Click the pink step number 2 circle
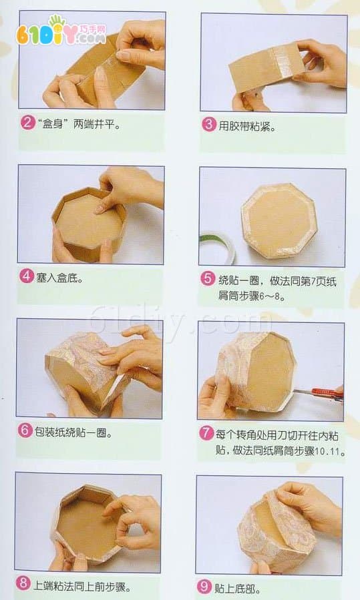click(27, 123)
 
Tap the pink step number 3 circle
click(209, 125)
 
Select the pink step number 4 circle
click(27, 276)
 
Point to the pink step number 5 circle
click(208, 278)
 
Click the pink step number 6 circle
click(25, 430)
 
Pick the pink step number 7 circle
click(206, 433)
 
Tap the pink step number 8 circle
click(23, 583)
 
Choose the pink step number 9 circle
click(204, 586)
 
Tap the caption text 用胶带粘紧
click(247, 126)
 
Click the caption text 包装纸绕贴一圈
click(73, 432)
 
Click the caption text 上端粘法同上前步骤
click(81, 585)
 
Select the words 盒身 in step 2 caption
click(53, 124)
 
